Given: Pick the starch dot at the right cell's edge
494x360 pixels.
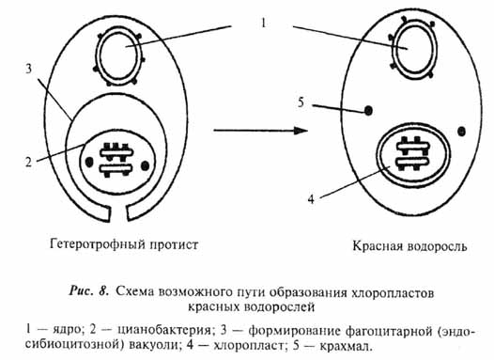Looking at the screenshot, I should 459,129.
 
